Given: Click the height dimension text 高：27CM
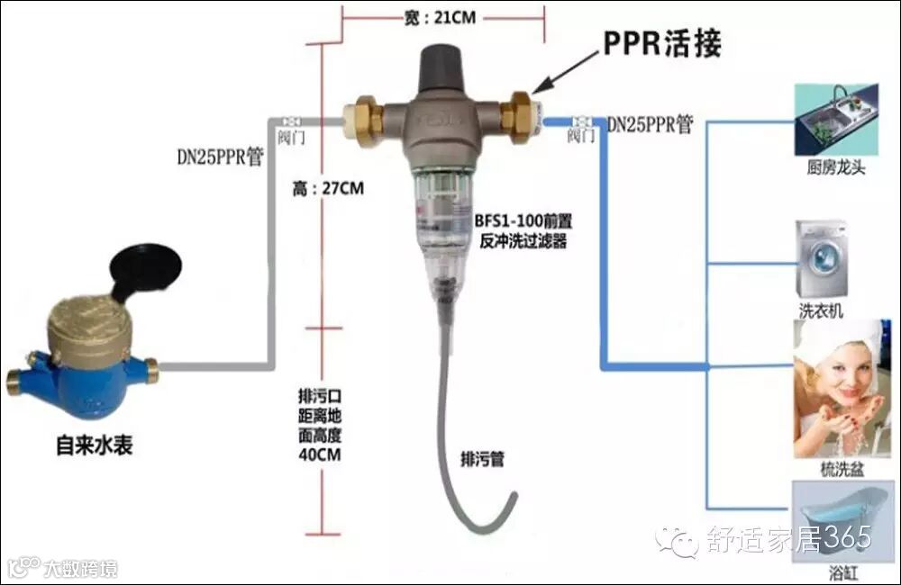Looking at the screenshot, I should pos(328,189).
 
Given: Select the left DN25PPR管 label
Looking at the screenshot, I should pos(219,157).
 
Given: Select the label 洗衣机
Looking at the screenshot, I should pos(821,310).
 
